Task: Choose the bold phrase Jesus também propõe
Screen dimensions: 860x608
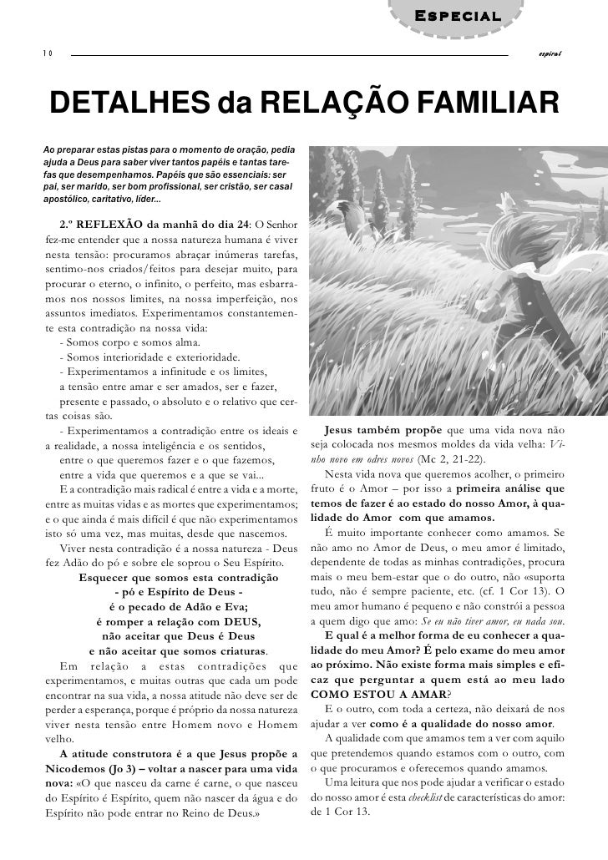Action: [384, 431]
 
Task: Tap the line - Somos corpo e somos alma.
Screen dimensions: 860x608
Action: [129, 343]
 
